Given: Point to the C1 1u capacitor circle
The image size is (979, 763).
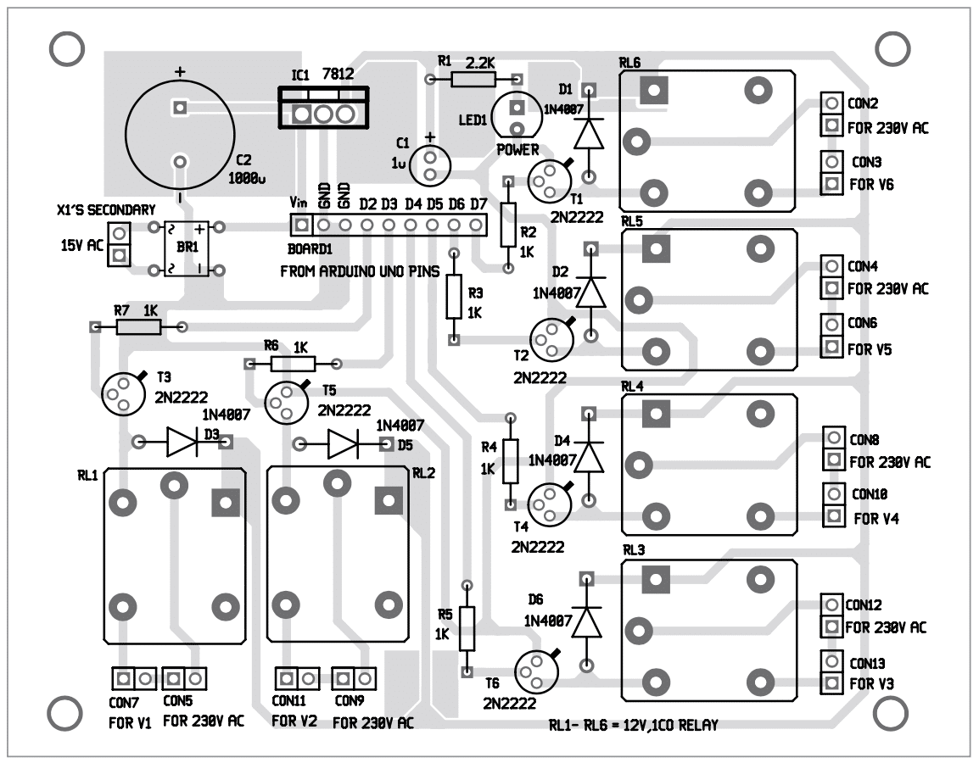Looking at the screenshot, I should click(430, 164).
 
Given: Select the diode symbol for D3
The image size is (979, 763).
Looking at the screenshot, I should click(182, 442).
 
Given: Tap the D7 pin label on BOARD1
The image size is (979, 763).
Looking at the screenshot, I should click(478, 204).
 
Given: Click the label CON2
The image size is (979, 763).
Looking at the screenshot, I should click(863, 103).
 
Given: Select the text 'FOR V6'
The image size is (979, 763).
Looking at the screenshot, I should click(871, 184).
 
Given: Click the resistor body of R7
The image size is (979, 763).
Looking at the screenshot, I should click(137, 326).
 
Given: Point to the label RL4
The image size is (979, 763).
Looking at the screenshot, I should click(632, 386).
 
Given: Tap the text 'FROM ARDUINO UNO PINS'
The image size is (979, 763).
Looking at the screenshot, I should click(360, 273).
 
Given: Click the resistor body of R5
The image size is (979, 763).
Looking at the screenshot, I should click(466, 628).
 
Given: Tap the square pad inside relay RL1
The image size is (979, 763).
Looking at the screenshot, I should click(225, 503).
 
